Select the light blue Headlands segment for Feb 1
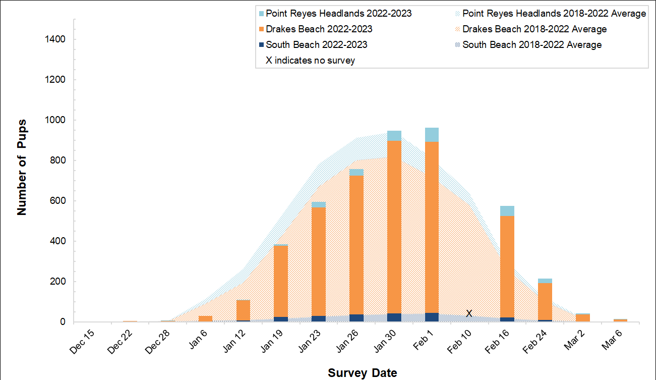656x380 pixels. [x=432, y=135]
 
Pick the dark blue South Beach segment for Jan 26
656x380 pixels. [x=356, y=318]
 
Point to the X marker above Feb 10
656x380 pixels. [x=469, y=314]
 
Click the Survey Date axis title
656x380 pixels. [x=362, y=373]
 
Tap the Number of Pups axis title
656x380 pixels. [x=22, y=167]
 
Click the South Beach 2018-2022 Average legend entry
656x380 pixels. [x=531, y=44]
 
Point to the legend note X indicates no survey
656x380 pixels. [x=311, y=60]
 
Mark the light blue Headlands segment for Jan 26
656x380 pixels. [x=356, y=172]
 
